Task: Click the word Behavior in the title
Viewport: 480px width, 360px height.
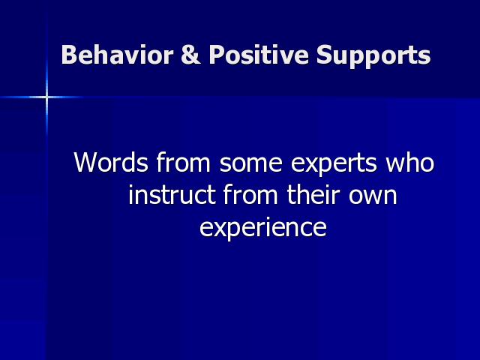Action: (118, 55)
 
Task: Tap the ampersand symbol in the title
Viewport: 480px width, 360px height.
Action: (191, 55)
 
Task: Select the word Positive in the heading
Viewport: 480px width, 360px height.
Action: (259, 55)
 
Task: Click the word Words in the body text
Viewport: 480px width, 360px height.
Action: (111, 162)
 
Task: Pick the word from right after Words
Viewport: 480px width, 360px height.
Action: (183, 162)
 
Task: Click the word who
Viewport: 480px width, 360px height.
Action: (410, 162)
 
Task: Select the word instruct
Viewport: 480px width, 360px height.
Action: (172, 195)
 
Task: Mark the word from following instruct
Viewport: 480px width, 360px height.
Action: (250, 194)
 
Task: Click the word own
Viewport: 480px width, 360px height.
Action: (373, 196)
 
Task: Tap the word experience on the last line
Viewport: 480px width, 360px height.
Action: (263, 229)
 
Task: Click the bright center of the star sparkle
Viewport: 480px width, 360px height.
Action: (46, 97)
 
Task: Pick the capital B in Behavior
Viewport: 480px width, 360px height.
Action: (69, 55)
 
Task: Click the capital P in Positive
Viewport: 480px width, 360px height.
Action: (217, 55)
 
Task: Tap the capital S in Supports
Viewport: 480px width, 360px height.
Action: (325, 55)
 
